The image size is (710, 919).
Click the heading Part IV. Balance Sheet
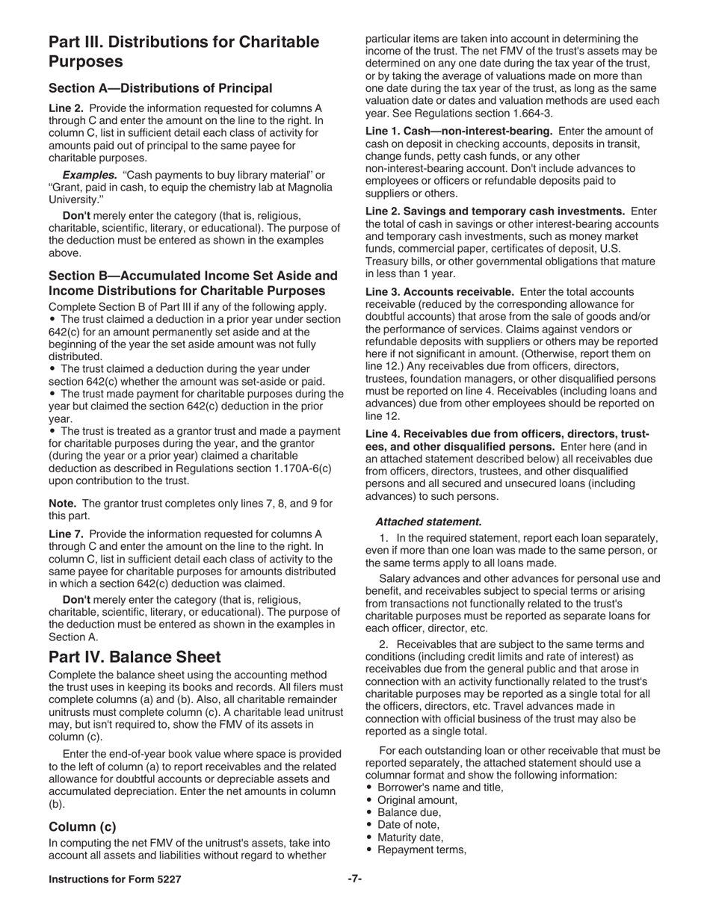135,657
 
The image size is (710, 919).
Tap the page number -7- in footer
354,879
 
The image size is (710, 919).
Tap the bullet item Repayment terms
422,850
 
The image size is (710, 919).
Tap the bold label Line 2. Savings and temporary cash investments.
495,211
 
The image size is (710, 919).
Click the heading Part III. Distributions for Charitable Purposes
183,51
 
